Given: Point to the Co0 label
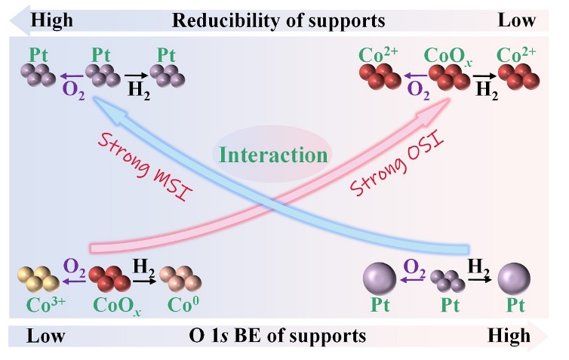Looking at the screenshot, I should (x=184, y=308).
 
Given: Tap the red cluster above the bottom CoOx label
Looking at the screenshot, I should (x=109, y=279).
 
